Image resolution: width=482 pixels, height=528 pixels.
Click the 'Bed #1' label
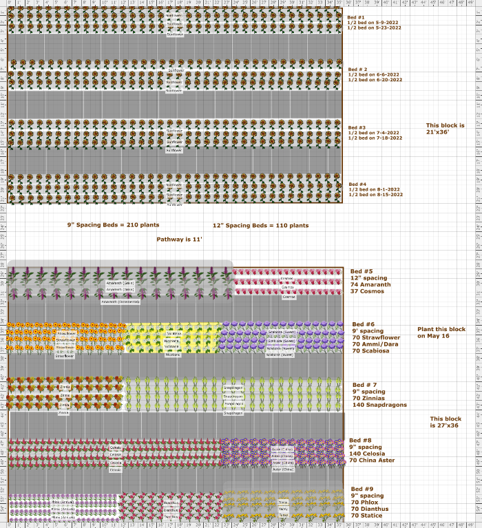pyautogui.click(x=357, y=17)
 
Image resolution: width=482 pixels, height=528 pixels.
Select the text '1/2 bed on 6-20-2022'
pyautogui.click(x=375, y=80)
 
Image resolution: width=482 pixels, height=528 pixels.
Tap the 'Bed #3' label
pyautogui.click(x=357, y=127)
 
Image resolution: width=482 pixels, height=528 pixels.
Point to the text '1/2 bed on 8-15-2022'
pyautogui.click(x=375, y=195)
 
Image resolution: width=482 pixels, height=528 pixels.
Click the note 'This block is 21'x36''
pyautogui.click(x=445, y=129)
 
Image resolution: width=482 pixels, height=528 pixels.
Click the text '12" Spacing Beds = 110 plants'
pyautogui.click(x=260, y=225)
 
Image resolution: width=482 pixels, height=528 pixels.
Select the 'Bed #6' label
pyautogui.click(x=363, y=324)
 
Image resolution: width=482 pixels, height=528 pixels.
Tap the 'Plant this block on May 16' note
pyautogui.click(x=441, y=332)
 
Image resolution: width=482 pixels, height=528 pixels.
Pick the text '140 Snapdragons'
pyautogui.click(x=379, y=405)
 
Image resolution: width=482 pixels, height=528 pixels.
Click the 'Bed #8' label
pyautogui.click(x=360, y=440)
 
